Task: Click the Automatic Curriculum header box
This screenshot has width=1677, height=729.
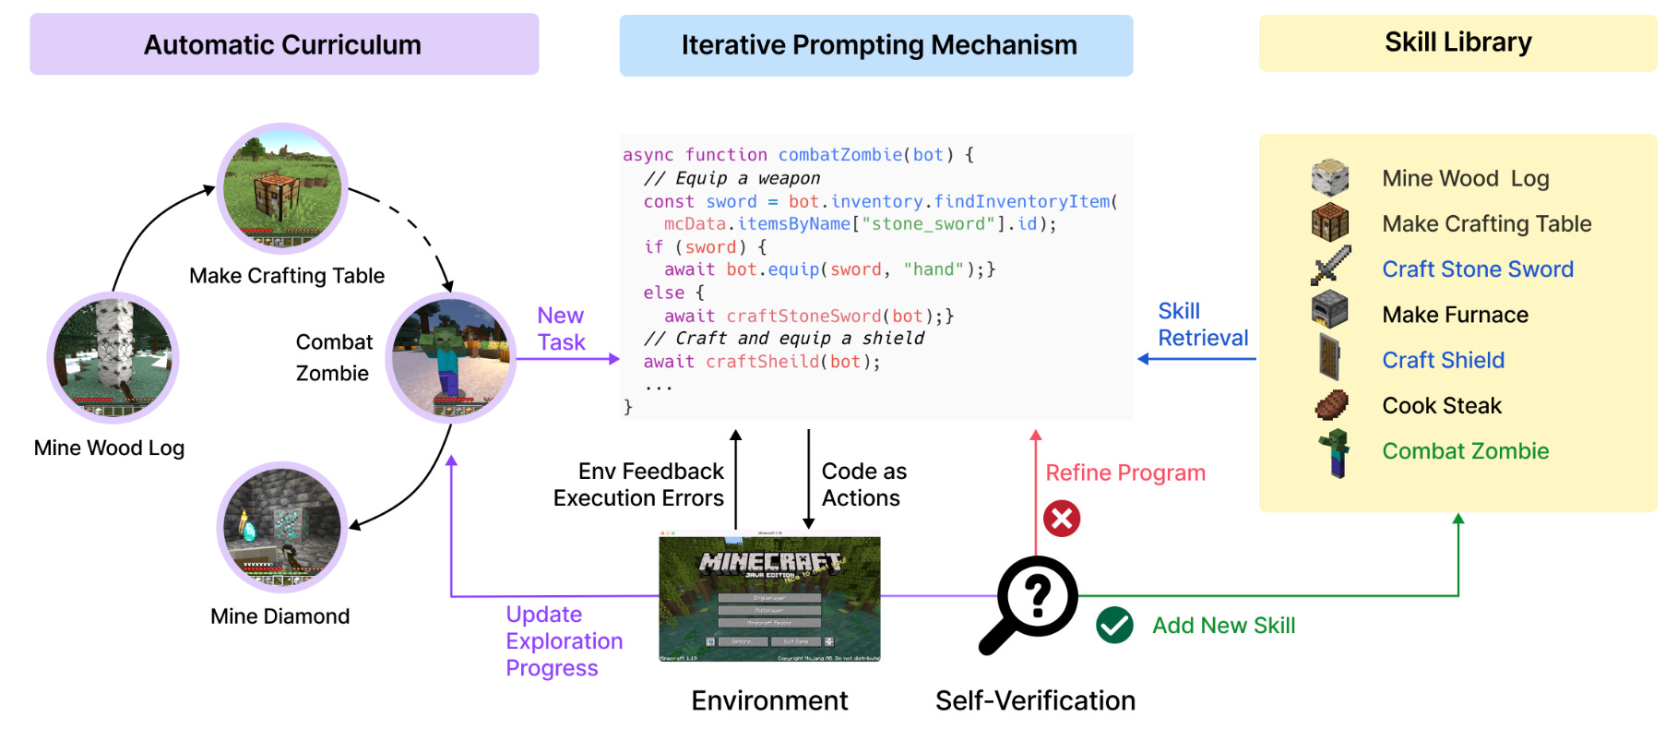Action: [283, 44]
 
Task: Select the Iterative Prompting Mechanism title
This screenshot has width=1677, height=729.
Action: [878, 45]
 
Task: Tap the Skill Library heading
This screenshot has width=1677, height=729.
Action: [1457, 42]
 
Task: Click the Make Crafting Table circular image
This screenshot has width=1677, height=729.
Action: [282, 188]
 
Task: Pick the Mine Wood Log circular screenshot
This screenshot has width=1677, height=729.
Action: [113, 357]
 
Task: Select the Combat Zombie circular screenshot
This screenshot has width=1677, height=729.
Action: [450, 358]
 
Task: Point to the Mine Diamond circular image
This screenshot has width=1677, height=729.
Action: [282, 527]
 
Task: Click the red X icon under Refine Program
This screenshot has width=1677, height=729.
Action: [1062, 519]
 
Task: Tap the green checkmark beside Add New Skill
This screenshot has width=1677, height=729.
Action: [1114, 626]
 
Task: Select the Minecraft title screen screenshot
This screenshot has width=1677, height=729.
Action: [769, 598]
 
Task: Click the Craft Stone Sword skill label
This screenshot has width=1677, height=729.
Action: [1477, 269]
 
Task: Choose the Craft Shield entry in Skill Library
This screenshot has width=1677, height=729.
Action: [1443, 360]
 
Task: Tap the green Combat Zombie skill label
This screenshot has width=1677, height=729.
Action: [1465, 451]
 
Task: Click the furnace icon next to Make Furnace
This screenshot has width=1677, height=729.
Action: [1329, 310]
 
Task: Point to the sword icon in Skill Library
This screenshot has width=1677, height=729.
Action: [1330, 266]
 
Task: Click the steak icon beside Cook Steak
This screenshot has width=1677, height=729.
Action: [1330, 404]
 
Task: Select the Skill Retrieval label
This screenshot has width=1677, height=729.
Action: [1202, 325]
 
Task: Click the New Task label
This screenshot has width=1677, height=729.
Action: [561, 329]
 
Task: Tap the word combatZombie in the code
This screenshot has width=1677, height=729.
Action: [839, 155]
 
